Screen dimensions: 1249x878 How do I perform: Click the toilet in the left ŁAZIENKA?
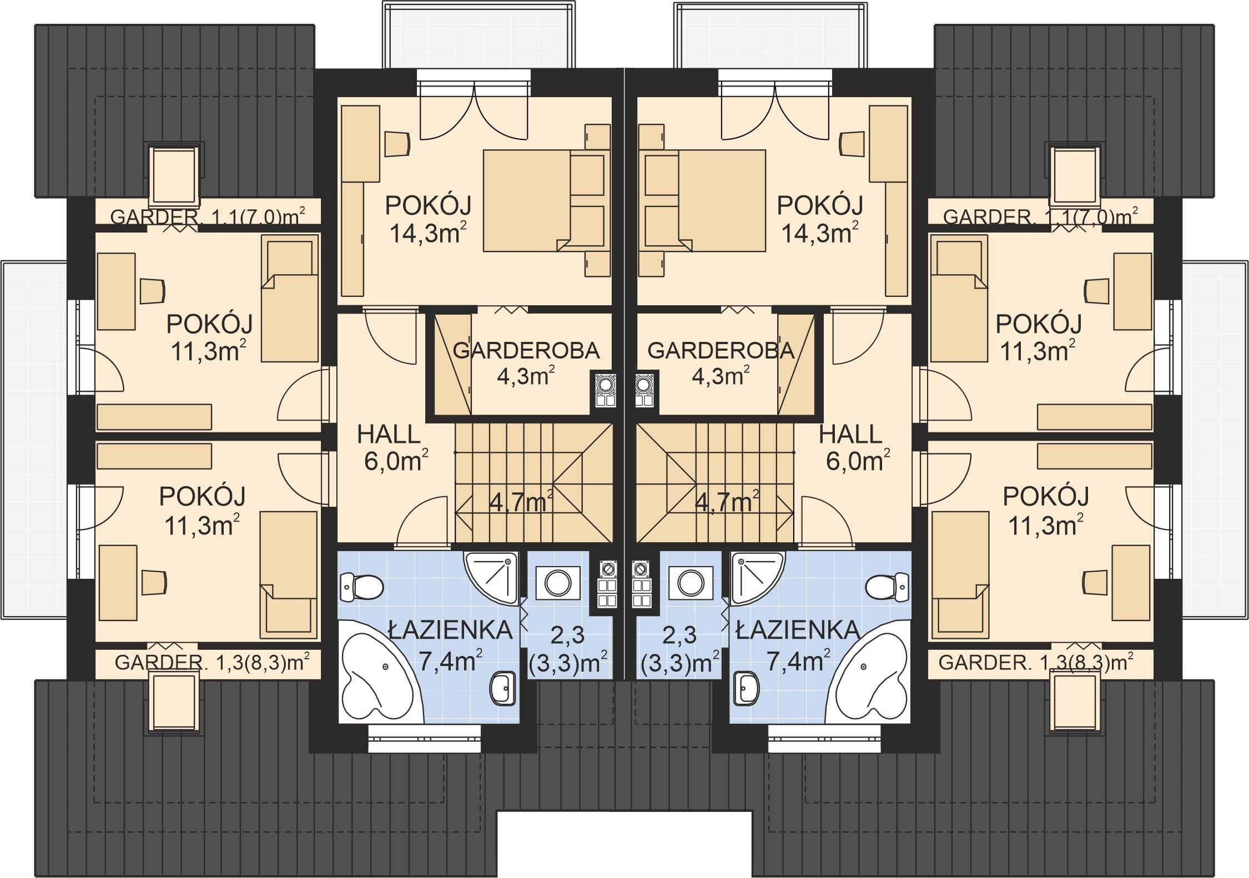point(361,587)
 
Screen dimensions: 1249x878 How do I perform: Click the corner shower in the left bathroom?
point(492,579)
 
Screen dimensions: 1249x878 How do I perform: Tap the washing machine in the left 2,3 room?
point(557,583)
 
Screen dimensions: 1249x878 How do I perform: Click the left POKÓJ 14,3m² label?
point(427,220)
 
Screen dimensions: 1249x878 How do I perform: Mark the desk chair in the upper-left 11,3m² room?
point(152,290)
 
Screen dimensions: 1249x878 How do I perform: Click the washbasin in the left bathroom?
point(504,689)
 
